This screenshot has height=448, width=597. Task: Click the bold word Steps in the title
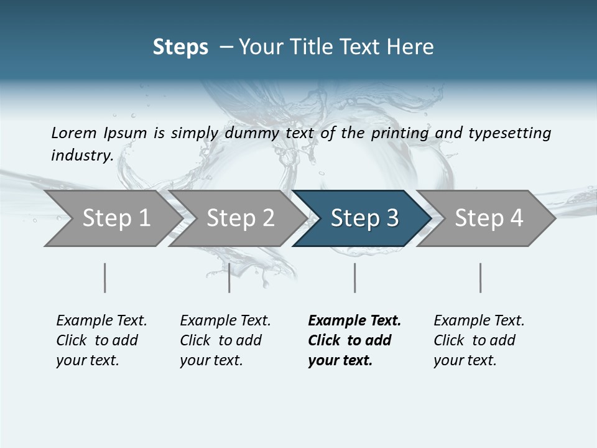180,47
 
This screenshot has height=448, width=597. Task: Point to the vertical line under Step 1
104,278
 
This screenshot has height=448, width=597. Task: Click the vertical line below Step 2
229,278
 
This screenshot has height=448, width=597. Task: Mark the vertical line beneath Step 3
354,278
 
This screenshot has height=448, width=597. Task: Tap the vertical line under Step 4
480,278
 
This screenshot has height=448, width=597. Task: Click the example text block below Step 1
101,340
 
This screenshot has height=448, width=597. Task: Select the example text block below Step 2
225,340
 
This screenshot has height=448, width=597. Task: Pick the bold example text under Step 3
354,340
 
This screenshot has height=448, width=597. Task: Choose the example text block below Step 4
479,340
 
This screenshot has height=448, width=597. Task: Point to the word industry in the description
81,156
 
